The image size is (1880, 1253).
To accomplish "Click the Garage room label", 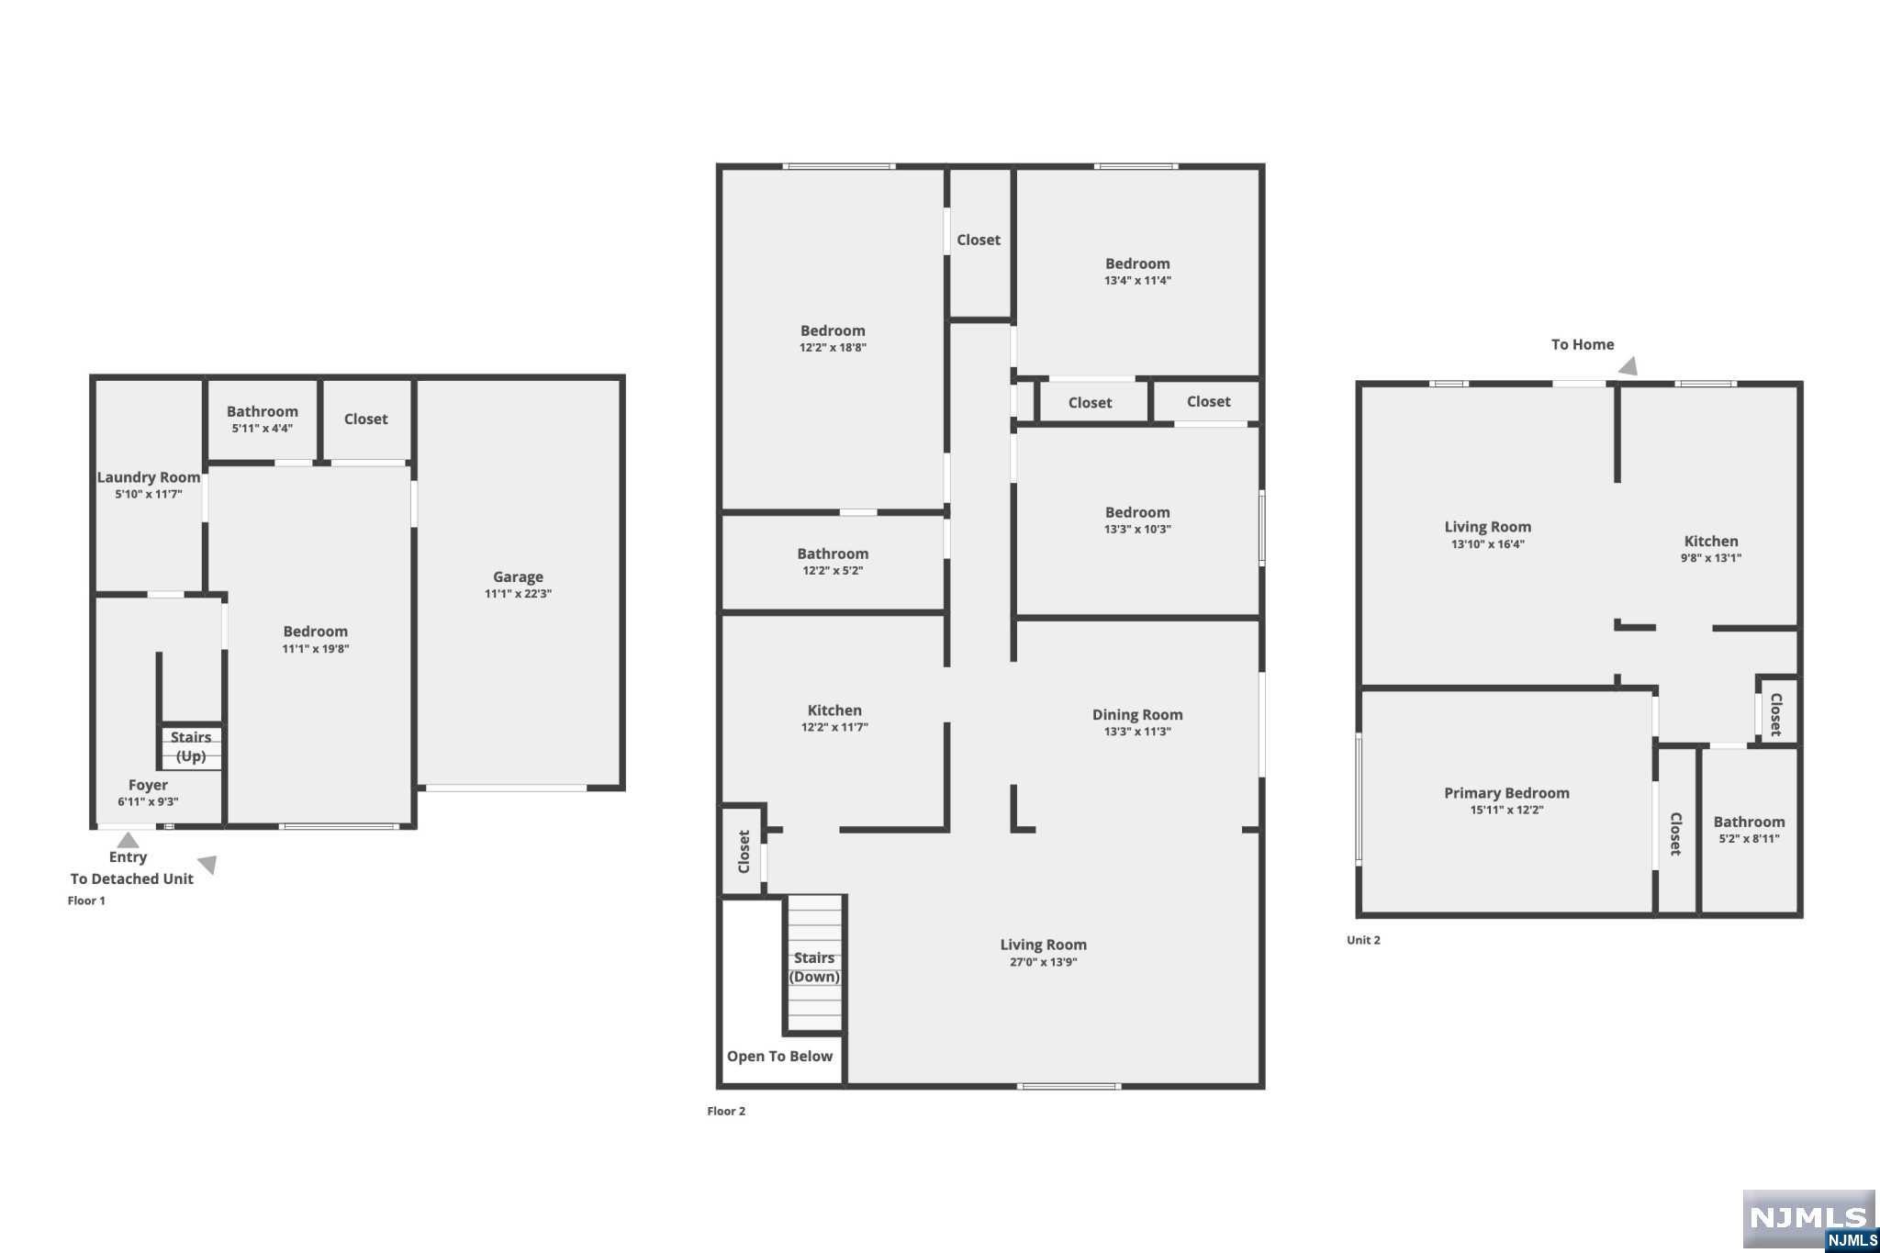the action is click(518, 576).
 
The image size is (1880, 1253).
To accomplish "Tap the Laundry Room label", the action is click(149, 477).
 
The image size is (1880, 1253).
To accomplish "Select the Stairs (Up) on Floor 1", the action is click(191, 746).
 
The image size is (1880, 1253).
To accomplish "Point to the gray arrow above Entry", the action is click(128, 840).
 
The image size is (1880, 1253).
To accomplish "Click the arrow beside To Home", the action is click(1628, 366).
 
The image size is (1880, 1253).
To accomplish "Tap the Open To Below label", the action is click(779, 1057).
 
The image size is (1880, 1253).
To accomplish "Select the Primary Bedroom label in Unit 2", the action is click(1506, 793).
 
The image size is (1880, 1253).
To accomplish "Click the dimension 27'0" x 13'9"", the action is click(1043, 962).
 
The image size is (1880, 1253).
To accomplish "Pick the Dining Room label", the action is click(1137, 715).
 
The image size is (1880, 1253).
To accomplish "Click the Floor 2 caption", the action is click(726, 1111).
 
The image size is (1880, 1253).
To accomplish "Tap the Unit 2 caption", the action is click(1363, 940).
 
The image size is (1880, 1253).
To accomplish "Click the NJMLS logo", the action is click(1809, 1220).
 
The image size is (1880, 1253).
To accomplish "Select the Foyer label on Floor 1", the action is click(148, 785).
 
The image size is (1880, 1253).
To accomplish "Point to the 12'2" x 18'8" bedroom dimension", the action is click(833, 348).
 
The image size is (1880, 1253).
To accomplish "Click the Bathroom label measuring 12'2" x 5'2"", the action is click(833, 554).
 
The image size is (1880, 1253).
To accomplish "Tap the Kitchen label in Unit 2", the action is click(1711, 542).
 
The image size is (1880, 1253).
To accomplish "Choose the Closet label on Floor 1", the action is click(365, 419).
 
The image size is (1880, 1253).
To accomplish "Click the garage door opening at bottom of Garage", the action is click(506, 788).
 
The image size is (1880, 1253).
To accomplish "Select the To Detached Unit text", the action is click(132, 878).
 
